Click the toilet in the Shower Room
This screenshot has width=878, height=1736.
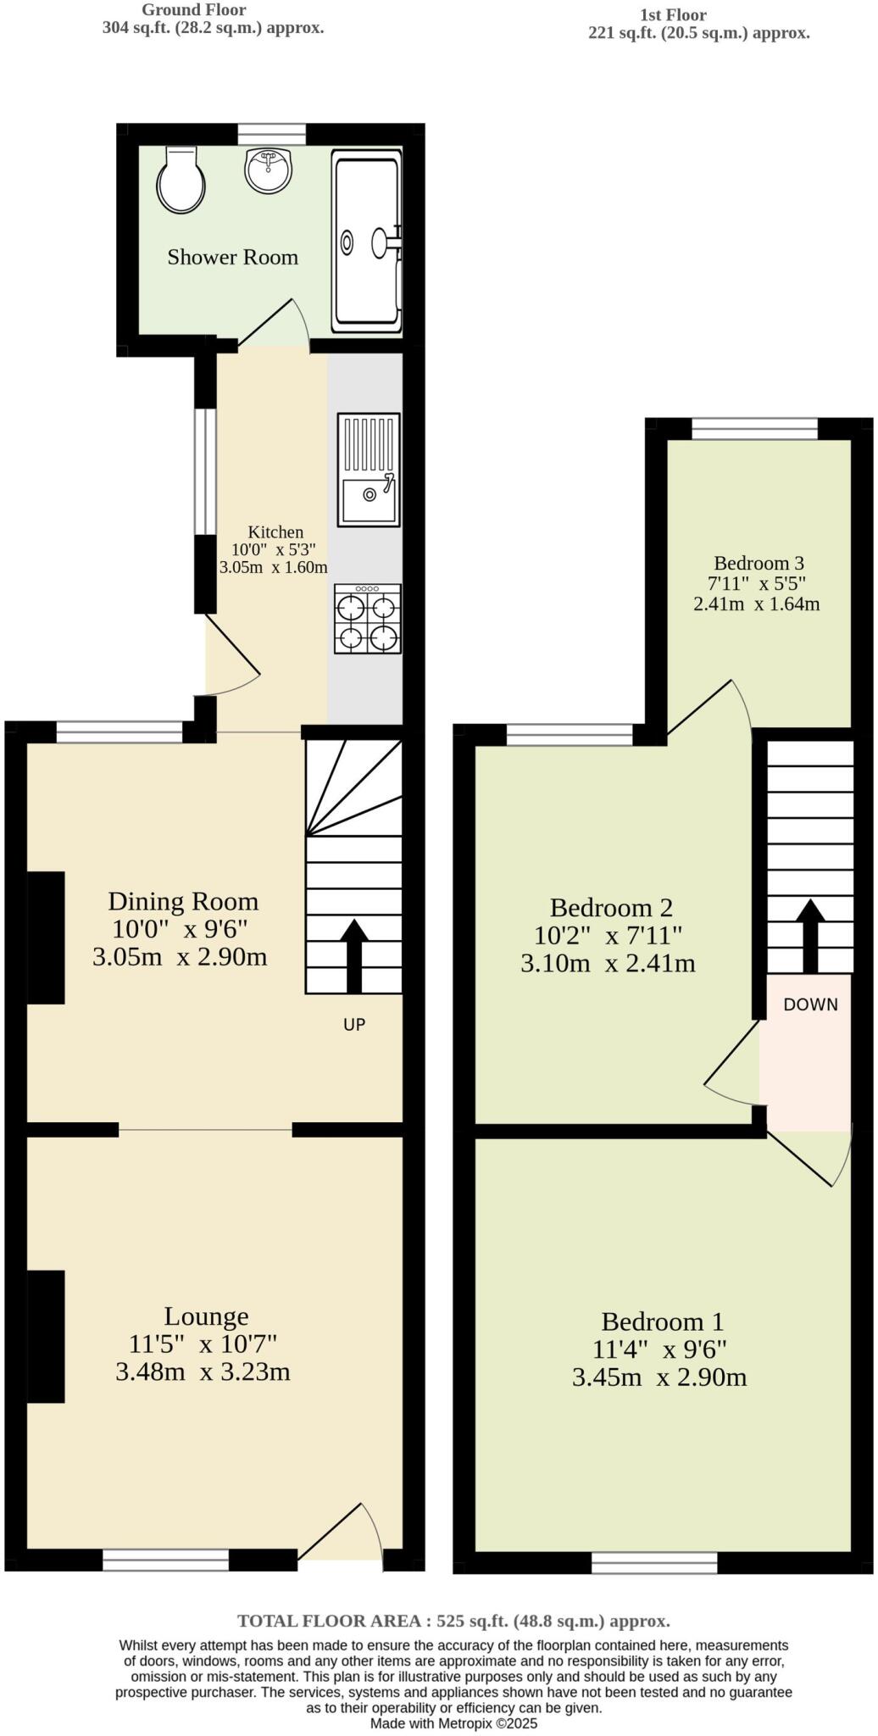point(181,180)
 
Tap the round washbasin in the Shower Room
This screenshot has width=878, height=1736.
point(269,170)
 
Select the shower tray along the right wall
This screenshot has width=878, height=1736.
point(367,242)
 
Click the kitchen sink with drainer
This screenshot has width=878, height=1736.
point(369,470)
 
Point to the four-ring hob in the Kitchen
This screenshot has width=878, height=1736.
point(368,619)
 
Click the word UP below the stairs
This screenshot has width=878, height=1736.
point(354,1024)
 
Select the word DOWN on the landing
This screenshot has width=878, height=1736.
point(810,1004)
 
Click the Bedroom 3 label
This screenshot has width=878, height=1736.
point(758,563)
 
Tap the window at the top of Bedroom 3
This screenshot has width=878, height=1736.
point(754,429)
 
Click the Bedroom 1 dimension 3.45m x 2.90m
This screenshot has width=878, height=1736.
point(659,1377)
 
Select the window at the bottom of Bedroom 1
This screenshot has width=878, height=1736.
point(654,1561)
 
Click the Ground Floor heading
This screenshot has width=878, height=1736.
point(194,10)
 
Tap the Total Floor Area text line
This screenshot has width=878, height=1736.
point(453,1621)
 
